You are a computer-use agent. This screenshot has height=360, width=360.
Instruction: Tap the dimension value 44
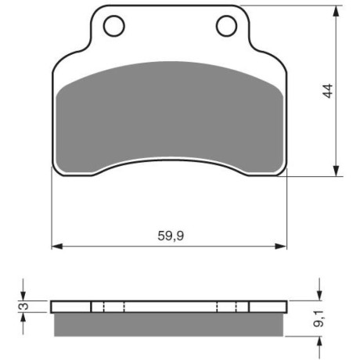tap(328, 91)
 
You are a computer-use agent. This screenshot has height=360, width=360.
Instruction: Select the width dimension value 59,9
tap(171, 236)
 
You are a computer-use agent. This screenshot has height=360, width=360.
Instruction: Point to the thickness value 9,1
tap(319, 319)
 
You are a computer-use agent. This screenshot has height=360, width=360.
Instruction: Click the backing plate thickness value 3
tap(24, 306)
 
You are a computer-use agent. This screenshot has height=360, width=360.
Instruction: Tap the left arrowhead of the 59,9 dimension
tap(57, 246)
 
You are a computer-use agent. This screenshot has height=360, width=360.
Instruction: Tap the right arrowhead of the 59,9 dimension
tap(281, 246)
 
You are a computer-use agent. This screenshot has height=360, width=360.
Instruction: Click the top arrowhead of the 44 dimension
tap(337, 11)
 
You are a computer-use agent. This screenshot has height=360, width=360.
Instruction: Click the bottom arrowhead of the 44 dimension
tap(337, 171)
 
